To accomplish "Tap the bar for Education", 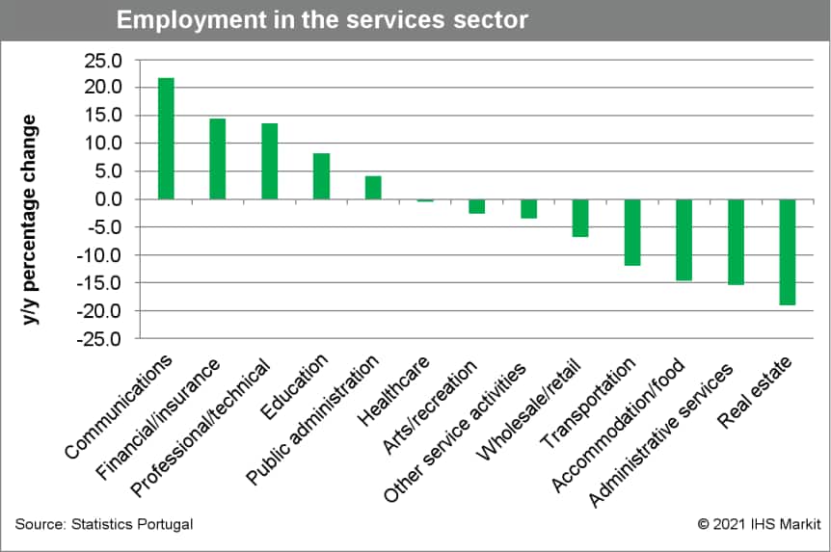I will (321, 176).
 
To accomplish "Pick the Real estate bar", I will (788, 251).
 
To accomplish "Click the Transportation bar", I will (632, 231).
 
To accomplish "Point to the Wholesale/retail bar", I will (580, 218).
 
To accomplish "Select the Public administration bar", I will (373, 188).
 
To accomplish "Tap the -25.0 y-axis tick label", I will (100, 339).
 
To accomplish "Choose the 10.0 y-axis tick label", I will (104, 144).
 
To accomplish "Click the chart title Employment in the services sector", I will (322, 20).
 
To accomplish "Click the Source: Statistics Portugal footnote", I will (104, 524).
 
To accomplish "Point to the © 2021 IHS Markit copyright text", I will (759, 524).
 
